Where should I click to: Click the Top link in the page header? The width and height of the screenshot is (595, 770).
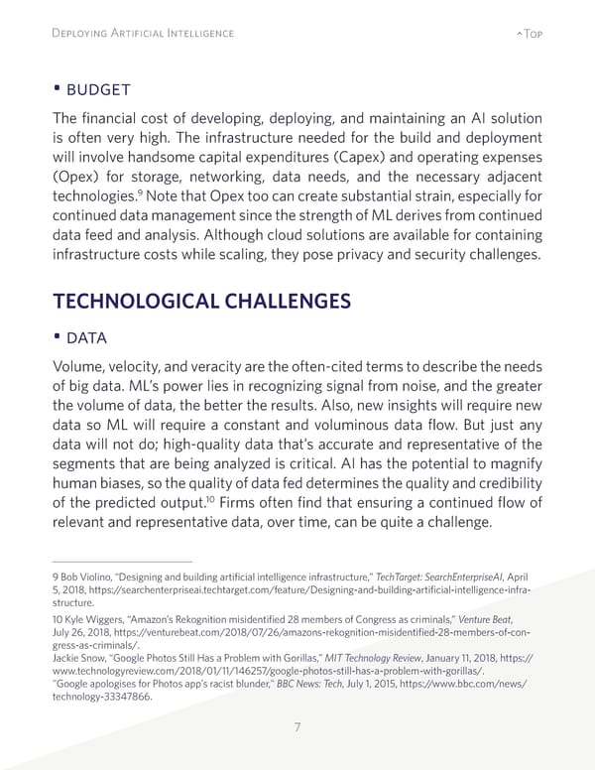click(x=529, y=33)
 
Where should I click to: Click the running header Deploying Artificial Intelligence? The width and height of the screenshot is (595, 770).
click(x=142, y=33)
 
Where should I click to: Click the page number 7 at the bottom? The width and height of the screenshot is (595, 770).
click(x=297, y=728)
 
